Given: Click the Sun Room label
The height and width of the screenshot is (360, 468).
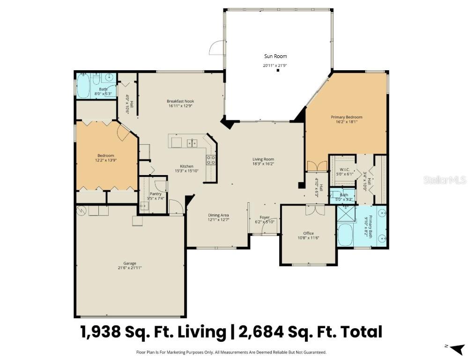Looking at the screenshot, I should pyautogui.click(x=275, y=56).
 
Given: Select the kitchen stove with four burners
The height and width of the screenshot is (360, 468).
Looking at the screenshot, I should pyautogui.click(x=211, y=160).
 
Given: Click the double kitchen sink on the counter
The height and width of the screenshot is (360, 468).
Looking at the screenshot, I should pyautogui.click(x=192, y=143).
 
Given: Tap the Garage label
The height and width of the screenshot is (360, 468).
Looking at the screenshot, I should pyautogui.click(x=130, y=263).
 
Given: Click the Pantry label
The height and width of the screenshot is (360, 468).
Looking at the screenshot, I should pyautogui.click(x=155, y=194).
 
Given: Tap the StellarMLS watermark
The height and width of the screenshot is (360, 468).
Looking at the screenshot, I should pyautogui.click(x=445, y=180).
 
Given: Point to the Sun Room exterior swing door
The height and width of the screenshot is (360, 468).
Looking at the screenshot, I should pyautogui.click(x=216, y=48).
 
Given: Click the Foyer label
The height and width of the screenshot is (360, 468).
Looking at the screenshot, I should pyautogui.click(x=265, y=218).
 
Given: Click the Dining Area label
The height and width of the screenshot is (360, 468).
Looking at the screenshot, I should pyautogui.click(x=218, y=215).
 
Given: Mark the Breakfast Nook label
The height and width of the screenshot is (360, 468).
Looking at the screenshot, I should pyautogui.click(x=180, y=101).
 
